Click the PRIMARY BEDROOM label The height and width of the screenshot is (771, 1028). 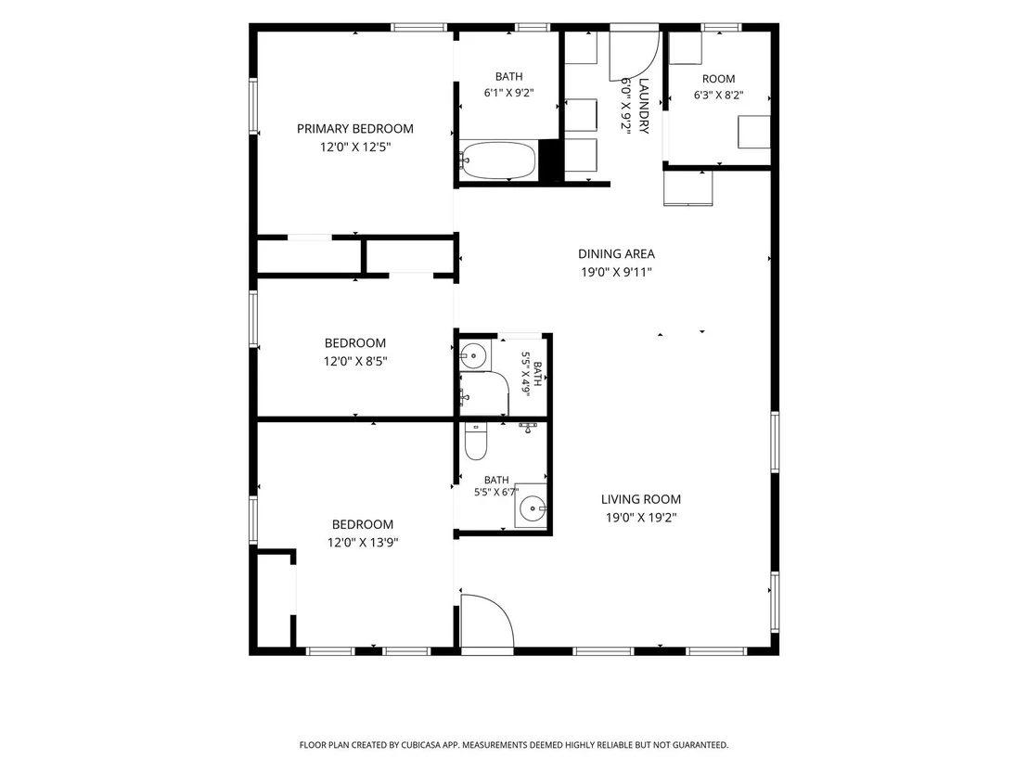coord(354,128)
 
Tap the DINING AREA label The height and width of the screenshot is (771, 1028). coord(616,253)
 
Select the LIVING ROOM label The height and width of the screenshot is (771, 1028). coord(640,499)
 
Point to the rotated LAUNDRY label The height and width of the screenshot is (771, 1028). coord(643,106)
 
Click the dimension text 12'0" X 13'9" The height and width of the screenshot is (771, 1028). coord(363,542)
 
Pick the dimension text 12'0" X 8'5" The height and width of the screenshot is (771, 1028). coord(355,361)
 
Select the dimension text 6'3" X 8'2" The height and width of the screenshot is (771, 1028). coord(718,95)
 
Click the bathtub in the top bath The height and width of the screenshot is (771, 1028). coord(497,160)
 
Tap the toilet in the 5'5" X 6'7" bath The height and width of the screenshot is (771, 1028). coord(476,442)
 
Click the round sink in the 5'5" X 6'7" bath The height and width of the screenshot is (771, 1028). coord(532,508)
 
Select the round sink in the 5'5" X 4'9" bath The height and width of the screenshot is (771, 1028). coord(471,356)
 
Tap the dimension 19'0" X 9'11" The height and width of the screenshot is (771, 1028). coord(616,272)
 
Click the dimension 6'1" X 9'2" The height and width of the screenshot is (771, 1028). coord(508,93)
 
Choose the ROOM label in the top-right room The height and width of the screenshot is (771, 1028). coord(718,79)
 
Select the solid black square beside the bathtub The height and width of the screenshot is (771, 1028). coord(551,161)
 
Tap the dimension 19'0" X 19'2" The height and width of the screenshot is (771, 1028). coord(640,518)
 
